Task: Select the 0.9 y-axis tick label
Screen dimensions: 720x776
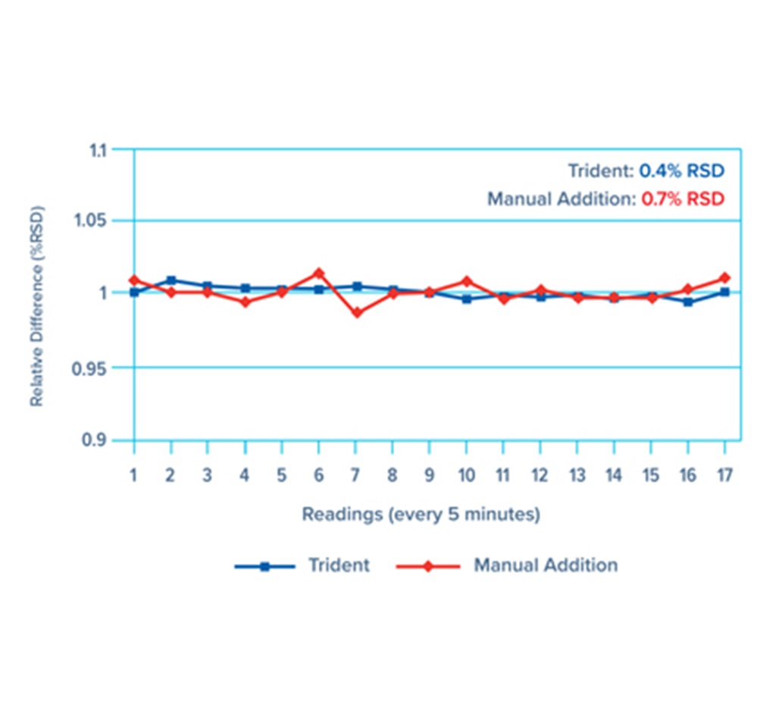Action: click(114, 440)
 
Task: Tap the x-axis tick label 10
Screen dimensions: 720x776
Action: click(466, 476)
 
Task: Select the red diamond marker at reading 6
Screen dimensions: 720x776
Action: click(319, 273)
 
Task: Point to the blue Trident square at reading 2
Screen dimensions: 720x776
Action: click(171, 280)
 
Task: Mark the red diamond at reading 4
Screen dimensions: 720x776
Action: click(245, 302)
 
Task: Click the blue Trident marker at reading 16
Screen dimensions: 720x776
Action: click(687, 302)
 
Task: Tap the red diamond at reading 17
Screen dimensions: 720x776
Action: click(725, 277)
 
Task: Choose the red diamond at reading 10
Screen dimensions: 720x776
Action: click(467, 281)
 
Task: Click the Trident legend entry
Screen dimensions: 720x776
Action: click(339, 565)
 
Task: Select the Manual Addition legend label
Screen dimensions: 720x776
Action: click(545, 565)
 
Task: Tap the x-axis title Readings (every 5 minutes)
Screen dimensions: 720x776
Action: click(421, 515)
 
